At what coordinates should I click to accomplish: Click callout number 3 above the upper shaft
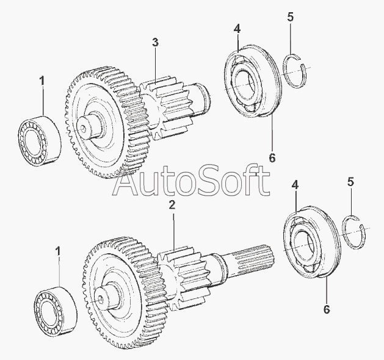155,42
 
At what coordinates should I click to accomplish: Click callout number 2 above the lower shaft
172,205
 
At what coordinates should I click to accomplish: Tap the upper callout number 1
42,80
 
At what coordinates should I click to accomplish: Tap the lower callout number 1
59,251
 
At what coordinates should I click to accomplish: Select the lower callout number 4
295,184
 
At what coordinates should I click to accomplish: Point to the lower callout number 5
350,181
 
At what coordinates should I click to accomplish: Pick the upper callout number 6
272,157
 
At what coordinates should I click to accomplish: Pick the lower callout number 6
327,309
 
